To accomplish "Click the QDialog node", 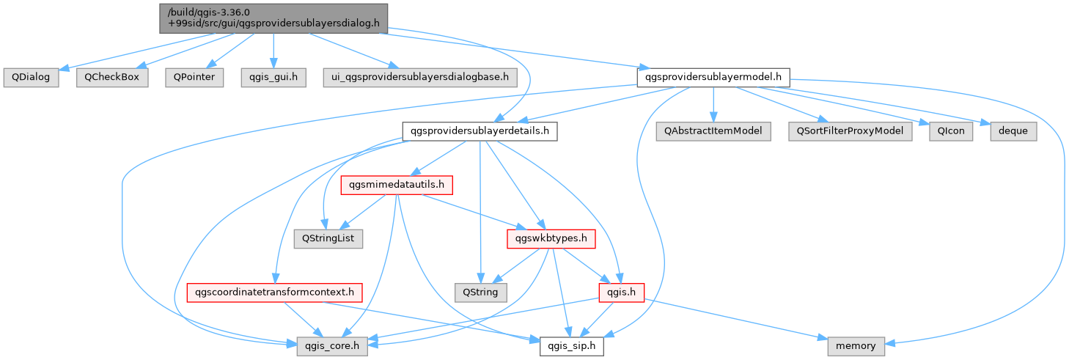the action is click(31, 77).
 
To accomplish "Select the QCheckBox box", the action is click(112, 77).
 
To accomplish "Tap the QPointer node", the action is click(194, 77).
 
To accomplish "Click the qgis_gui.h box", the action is click(273, 77).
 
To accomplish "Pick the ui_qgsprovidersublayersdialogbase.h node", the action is click(420, 77).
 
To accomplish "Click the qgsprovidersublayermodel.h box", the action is click(713, 77).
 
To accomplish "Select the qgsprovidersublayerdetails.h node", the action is click(480, 131).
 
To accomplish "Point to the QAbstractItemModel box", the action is click(713, 131).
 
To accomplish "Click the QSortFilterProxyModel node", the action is click(850, 131).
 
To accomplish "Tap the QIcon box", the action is click(951, 131).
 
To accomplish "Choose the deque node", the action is click(1013, 131).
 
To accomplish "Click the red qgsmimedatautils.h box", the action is click(397, 185).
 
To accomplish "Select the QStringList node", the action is click(328, 239).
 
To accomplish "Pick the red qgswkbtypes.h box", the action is click(551, 239).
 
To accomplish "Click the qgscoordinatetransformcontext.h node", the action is click(274, 293).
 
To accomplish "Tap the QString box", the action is click(480, 293).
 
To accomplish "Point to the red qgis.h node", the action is click(621, 293).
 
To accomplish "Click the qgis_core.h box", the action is click(332, 346).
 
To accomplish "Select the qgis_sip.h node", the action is click(572, 346).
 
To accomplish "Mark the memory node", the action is click(856, 346).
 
